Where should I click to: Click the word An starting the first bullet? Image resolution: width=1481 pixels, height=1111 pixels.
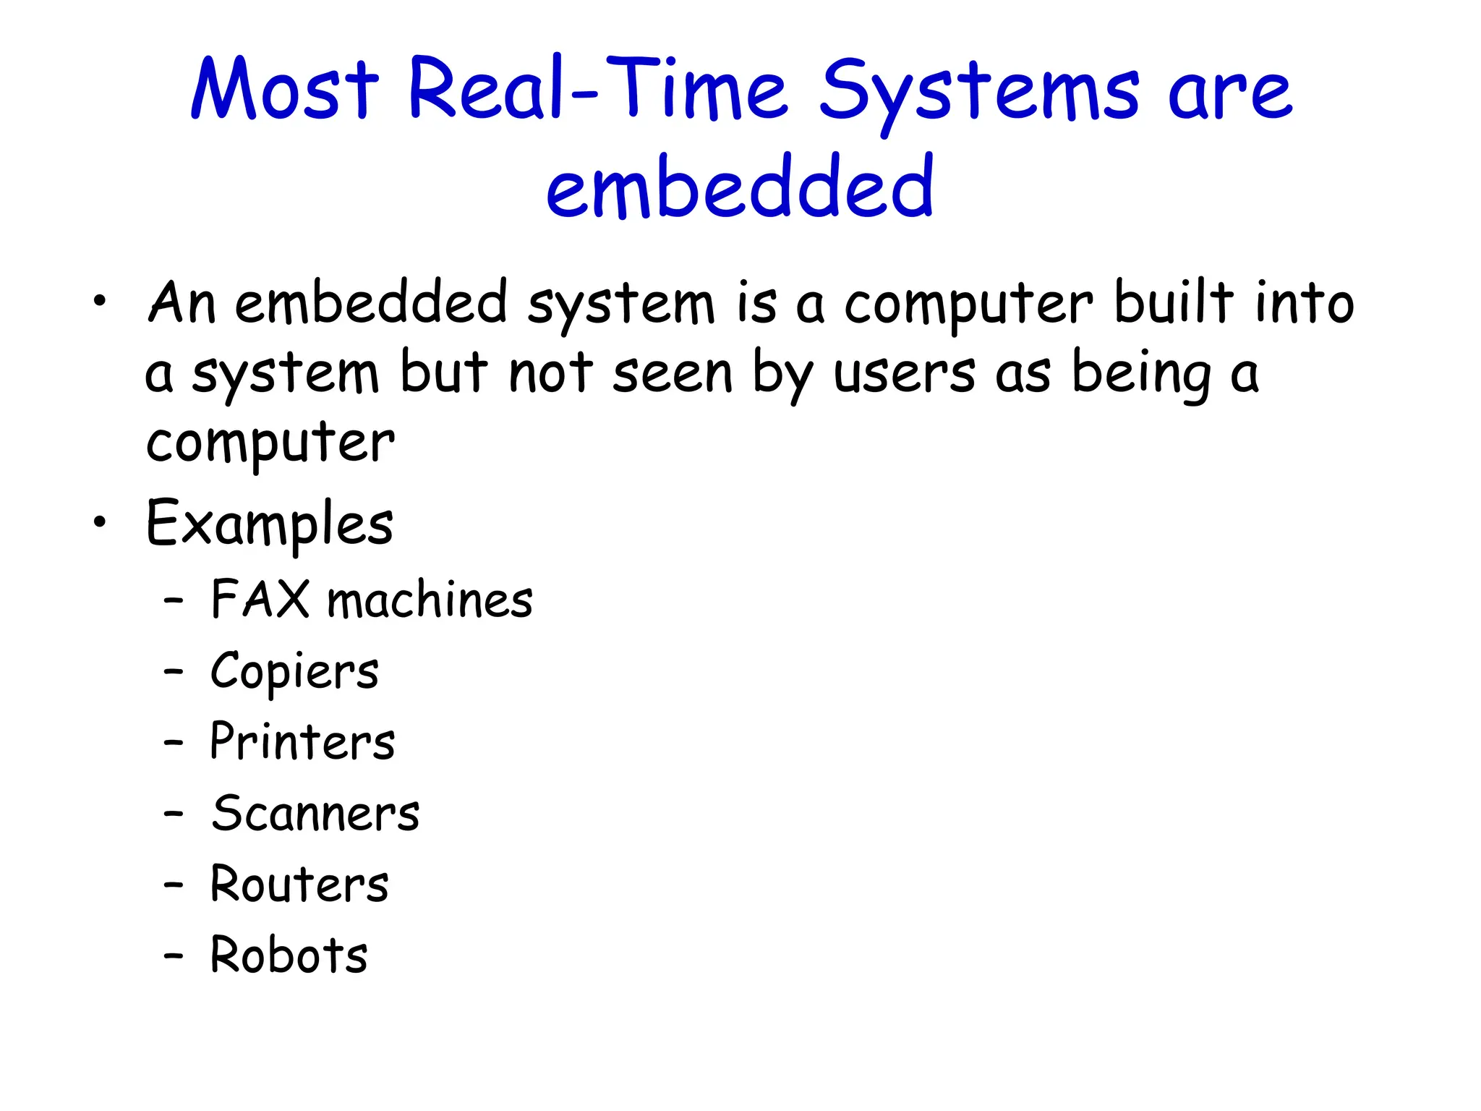pos(182,302)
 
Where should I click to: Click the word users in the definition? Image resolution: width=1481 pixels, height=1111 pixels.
pos(904,375)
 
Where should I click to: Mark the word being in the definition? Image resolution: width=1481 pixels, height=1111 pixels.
pos(1140,375)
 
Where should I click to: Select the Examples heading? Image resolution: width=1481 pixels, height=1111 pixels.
pos(269,524)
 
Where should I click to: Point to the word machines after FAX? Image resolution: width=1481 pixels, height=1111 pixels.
pos(430,600)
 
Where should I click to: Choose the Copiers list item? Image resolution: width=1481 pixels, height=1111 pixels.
pos(294,671)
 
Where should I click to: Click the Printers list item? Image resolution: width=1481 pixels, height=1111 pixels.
pos(302,741)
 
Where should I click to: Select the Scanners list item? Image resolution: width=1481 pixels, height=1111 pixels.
pos(315,813)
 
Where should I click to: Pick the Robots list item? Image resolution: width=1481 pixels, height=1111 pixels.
pos(289,955)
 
